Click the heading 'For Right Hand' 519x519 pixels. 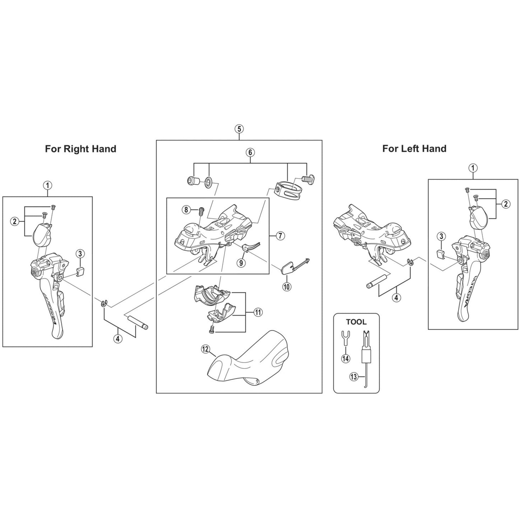pos(80,149)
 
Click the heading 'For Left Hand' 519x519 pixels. pos(414,148)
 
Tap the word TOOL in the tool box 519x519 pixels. pos(356,322)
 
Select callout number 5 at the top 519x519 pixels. pos(239,129)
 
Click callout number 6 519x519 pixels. pos(250,152)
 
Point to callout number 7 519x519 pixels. pos(280,236)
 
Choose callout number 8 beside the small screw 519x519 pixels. pos(186,210)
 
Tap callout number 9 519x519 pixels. pos(241,263)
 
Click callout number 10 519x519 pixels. pos(287,287)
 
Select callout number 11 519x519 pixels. pos(258,312)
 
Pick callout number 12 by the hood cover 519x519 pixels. pos(205,349)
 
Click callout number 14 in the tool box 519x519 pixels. pos(346,358)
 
